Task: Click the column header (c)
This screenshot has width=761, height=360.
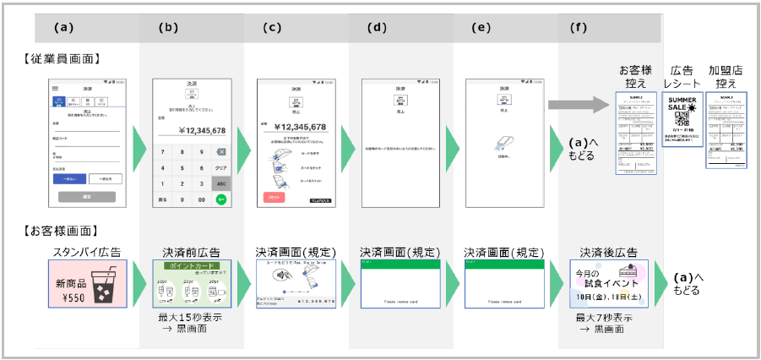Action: (x=272, y=27)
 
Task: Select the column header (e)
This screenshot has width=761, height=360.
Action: (x=482, y=27)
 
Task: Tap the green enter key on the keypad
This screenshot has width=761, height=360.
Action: (x=220, y=199)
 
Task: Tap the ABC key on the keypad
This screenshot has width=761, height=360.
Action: (x=220, y=183)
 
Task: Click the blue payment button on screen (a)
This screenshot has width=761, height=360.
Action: (x=69, y=179)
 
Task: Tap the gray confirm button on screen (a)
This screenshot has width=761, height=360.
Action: (x=87, y=197)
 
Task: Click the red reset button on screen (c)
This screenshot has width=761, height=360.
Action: (x=275, y=197)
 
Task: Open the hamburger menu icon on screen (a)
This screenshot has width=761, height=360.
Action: (x=56, y=88)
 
